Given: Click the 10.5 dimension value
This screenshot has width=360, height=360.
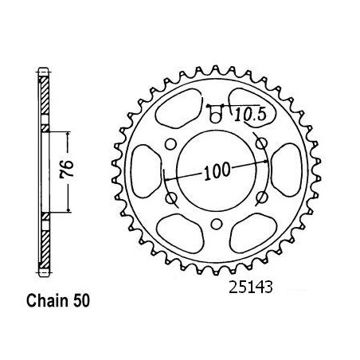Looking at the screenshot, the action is [x=250, y=115].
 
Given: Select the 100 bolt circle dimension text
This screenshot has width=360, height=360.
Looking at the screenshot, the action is [x=217, y=171].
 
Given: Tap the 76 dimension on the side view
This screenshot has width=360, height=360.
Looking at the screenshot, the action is [x=68, y=169].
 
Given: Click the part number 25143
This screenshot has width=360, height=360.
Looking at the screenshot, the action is [x=251, y=287].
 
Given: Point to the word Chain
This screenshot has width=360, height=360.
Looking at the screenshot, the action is [x=47, y=301].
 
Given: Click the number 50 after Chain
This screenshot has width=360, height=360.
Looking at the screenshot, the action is [x=82, y=301].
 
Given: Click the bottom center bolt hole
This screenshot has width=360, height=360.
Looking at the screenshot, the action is [x=217, y=225].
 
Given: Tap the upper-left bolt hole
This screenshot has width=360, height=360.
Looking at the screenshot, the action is [x=170, y=144].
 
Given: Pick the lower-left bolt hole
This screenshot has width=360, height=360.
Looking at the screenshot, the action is [x=171, y=198].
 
